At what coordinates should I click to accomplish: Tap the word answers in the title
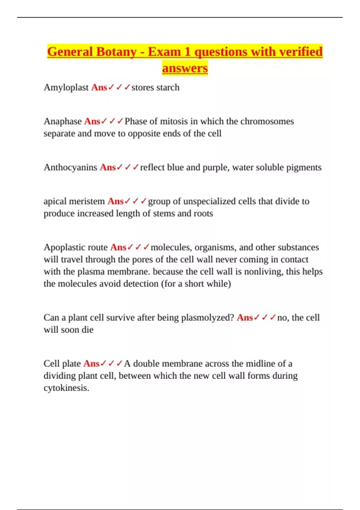185,68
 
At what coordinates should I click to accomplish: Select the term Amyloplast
66,88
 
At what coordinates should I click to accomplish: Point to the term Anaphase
62,121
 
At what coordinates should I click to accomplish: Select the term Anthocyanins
70,167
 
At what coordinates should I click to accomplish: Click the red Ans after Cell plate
91,364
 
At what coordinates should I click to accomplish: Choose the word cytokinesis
66,388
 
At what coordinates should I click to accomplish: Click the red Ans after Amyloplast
99,88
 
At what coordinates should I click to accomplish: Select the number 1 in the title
187,52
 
